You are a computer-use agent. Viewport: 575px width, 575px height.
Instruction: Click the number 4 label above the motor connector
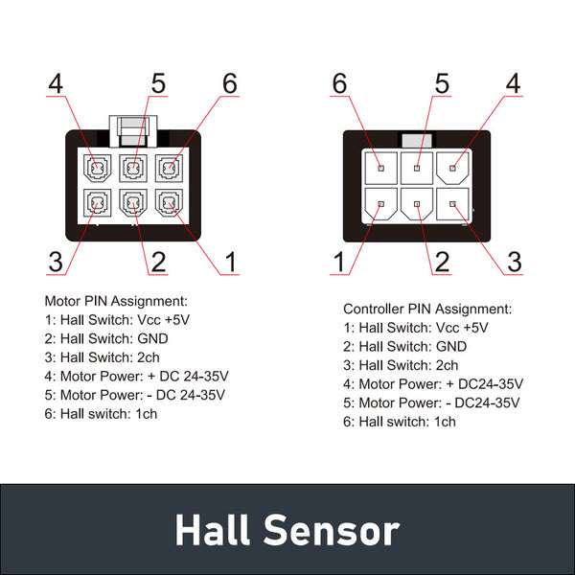(x=56, y=83)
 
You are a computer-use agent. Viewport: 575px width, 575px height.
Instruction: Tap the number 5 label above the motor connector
(x=158, y=83)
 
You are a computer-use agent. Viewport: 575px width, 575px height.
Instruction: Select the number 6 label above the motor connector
(x=229, y=83)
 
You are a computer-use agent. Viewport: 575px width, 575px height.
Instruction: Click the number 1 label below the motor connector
(x=229, y=261)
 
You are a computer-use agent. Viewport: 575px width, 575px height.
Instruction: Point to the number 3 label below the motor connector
(x=56, y=261)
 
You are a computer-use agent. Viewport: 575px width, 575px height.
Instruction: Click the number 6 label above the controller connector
(x=339, y=83)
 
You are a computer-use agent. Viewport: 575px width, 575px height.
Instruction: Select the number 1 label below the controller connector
(x=339, y=261)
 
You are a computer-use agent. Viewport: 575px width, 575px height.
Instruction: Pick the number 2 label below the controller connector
(x=442, y=261)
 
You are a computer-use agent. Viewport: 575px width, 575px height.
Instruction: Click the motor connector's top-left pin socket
(x=97, y=171)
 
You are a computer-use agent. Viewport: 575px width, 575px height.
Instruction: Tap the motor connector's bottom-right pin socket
(x=169, y=203)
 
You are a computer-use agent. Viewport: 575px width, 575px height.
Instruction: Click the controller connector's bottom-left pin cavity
(x=379, y=203)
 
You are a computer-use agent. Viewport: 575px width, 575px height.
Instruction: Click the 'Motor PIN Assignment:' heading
(x=116, y=301)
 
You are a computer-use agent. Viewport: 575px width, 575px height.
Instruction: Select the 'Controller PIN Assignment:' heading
(x=427, y=310)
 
